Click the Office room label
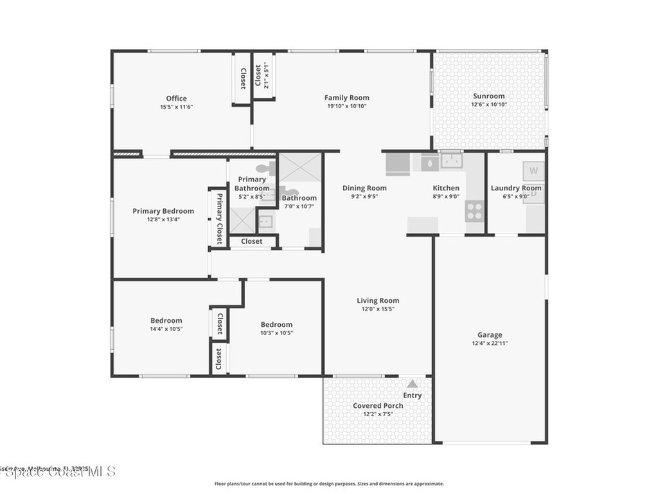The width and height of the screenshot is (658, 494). [x=176, y=98]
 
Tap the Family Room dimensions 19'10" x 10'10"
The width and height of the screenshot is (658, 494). [x=346, y=106]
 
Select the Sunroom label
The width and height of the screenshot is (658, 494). [x=488, y=96]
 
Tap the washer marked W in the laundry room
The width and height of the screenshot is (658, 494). [x=533, y=171]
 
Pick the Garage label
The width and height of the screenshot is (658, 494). [x=490, y=334]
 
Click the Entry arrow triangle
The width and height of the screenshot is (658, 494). [x=412, y=383]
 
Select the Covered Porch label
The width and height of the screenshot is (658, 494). [x=378, y=405]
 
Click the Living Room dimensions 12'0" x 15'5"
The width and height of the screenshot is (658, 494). [x=378, y=309]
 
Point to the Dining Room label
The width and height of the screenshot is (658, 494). [x=364, y=188]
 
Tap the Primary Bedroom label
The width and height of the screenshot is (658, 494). [x=163, y=210]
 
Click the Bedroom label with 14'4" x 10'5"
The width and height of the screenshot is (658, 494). [x=166, y=320]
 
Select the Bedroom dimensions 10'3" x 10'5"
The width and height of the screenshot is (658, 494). [x=276, y=333]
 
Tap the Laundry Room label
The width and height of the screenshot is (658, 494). [x=515, y=188]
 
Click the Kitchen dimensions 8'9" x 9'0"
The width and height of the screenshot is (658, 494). [x=445, y=196]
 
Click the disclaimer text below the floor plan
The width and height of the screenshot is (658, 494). [x=328, y=484]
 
